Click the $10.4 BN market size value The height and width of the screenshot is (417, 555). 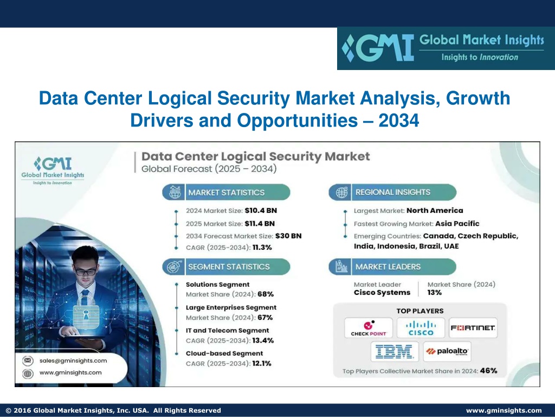[x=261, y=211]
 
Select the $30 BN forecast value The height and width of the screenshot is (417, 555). [x=288, y=236]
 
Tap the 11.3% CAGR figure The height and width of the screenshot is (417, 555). [x=262, y=248]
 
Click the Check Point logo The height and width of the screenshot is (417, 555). [x=369, y=328]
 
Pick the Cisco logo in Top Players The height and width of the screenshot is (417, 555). [x=421, y=328]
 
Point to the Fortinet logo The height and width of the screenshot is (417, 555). [x=473, y=328]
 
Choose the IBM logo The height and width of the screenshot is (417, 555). [x=395, y=352]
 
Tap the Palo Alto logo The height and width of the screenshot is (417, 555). [x=447, y=352]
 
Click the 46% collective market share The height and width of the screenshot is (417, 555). [x=488, y=371]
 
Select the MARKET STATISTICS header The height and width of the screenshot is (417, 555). [x=226, y=193]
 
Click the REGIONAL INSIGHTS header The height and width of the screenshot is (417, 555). [x=392, y=192]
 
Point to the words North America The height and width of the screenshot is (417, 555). [x=435, y=211]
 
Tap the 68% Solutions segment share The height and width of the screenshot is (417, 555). [x=266, y=294]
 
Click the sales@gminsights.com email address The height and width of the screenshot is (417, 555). [x=73, y=361]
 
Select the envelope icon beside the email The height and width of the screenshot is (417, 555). [x=28, y=361]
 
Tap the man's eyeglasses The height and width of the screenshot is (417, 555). [x=85, y=272]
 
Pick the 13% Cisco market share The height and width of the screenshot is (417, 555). [x=434, y=293]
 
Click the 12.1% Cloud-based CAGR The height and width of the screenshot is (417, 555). [x=262, y=363]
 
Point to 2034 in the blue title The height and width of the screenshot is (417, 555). [x=398, y=120]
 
